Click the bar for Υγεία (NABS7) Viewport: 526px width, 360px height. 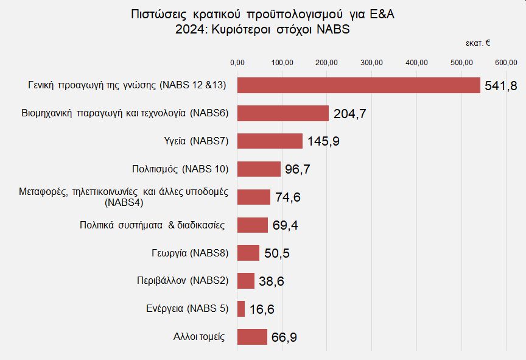(270, 141)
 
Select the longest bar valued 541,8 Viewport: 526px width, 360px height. (359, 85)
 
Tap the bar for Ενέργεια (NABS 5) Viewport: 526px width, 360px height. (241, 309)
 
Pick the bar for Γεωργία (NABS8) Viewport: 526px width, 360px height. (248, 253)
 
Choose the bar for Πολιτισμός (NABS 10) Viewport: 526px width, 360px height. (259, 169)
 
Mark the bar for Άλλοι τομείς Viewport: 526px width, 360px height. (252, 337)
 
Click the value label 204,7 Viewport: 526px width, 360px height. (349, 114)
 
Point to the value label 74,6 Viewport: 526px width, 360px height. (287, 197)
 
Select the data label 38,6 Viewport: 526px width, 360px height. (271, 281)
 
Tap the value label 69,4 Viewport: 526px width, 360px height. (285, 225)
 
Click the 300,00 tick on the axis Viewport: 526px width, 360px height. (371, 62)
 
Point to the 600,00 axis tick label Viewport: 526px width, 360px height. (506, 62)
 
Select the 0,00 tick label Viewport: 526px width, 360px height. (237, 62)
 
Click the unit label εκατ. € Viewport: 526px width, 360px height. (479, 43)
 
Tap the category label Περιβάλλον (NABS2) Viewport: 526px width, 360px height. (183, 281)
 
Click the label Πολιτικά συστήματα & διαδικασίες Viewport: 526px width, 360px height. (153, 225)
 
